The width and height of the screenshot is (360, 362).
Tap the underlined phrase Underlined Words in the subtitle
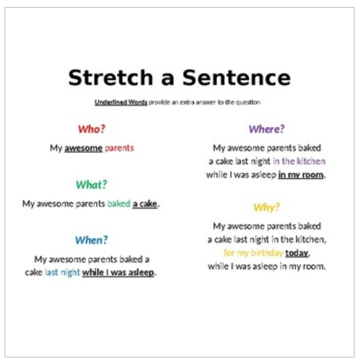pos(121,103)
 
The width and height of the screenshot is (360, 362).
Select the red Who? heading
pos(91,129)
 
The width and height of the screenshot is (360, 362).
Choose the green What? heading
pos(91,185)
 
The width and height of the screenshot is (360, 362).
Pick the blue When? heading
pos(91,240)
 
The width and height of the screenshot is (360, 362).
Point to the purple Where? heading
pos(267,129)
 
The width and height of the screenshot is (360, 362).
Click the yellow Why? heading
pos(267,207)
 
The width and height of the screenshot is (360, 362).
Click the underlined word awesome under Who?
pos(83,148)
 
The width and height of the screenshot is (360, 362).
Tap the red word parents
pos(119,148)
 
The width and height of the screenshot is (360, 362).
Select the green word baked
pos(119,204)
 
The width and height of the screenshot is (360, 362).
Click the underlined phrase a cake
pos(145,204)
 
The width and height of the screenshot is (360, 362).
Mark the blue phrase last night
pos(62,272)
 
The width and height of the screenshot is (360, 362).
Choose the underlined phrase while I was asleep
pos(118,272)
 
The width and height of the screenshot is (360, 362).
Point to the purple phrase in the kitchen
pos(299,161)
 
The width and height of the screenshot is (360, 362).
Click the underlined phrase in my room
pos(301,175)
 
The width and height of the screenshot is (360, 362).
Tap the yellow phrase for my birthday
pos(253,253)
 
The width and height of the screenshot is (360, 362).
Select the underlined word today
pos(297,253)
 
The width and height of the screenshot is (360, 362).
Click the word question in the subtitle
pos(249,103)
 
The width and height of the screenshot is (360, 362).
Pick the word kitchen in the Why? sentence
pos(310,240)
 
